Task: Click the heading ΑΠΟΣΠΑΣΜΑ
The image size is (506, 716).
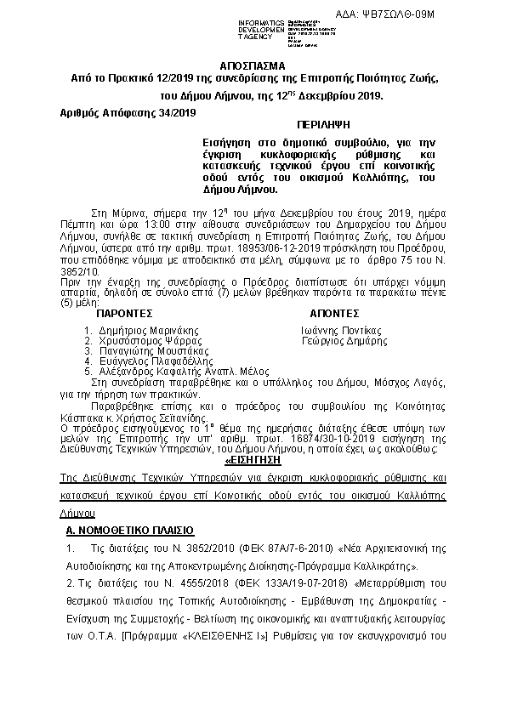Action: (253, 65)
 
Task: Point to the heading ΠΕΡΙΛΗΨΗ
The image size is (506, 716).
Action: (316, 124)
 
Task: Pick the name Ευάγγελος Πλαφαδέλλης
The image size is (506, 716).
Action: (143, 361)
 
